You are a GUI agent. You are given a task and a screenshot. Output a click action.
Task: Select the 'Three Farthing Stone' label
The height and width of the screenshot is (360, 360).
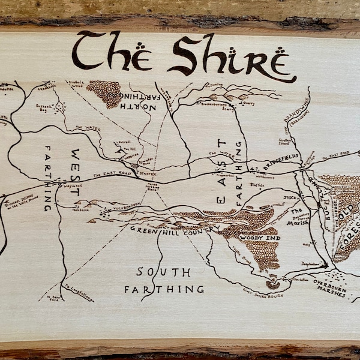153,187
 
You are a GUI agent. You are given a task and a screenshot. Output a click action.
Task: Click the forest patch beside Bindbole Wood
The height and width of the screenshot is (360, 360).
104,93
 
